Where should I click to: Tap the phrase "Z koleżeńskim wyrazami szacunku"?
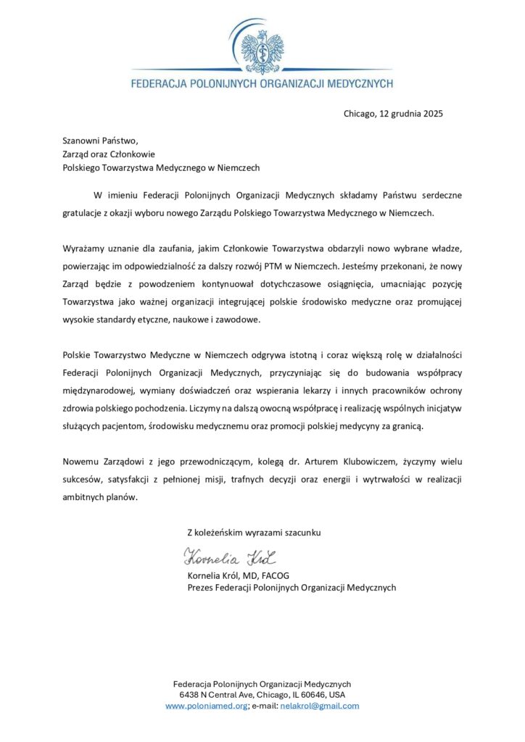[254, 533]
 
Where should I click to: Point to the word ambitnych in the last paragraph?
[83, 497]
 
